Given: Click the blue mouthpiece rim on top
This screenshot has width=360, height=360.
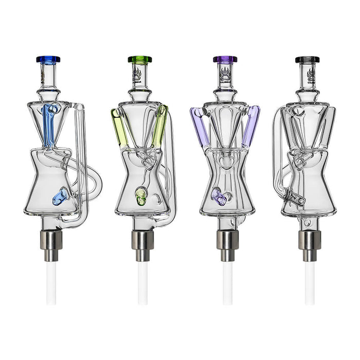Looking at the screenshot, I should [x=48, y=59].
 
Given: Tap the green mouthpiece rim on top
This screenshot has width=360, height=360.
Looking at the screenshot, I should [x=140, y=59].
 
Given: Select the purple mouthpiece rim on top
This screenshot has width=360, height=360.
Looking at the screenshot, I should [x=225, y=59].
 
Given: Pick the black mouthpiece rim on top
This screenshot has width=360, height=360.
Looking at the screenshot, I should [x=307, y=60].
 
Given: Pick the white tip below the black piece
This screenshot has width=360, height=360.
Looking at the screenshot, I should [x=309, y=283].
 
